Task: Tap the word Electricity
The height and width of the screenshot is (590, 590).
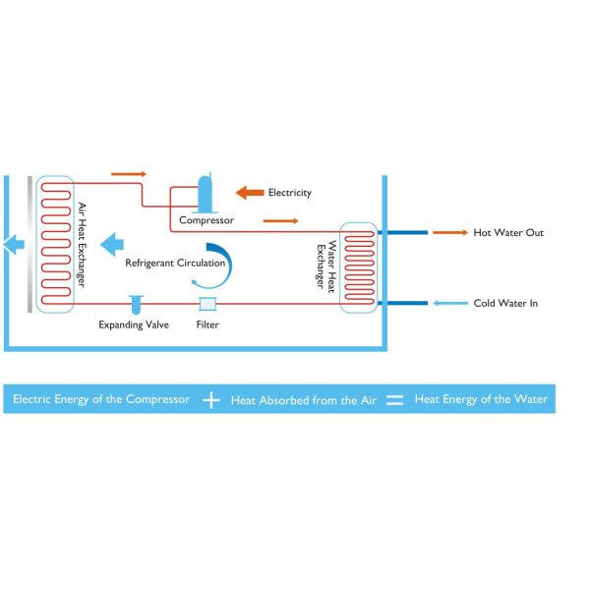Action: pyautogui.click(x=289, y=193)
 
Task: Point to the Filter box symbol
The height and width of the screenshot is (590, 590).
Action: pyautogui.click(x=207, y=304)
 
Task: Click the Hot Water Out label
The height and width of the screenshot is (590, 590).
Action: pyautogui.click(x=508, y=233)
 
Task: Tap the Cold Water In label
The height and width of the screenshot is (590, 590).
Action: pyautogui.click(x=505, y=304)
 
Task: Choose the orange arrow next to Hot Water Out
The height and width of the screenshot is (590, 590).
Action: pyautogui.click(x=450, y=233)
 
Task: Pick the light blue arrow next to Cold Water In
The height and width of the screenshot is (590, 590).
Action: pyautogui.click(x=450, y=304)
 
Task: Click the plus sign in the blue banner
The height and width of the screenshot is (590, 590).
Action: pyautogui.click(x=211, y=400)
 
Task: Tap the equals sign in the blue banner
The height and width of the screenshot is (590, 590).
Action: pyautogui.click(x=394, y=400)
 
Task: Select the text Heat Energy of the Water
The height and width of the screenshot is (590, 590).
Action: pyautogui.click(x=481, y=400)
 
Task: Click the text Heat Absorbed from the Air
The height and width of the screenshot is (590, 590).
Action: pyautogui.click(x=303, y=401)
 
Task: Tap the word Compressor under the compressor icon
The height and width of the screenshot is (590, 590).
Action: pyautogui.click(x=206, y=220)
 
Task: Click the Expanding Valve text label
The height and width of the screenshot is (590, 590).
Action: pyautogui.click(x=134, y=324)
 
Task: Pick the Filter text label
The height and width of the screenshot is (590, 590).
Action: pyautogui.click(x=207, y=324)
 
